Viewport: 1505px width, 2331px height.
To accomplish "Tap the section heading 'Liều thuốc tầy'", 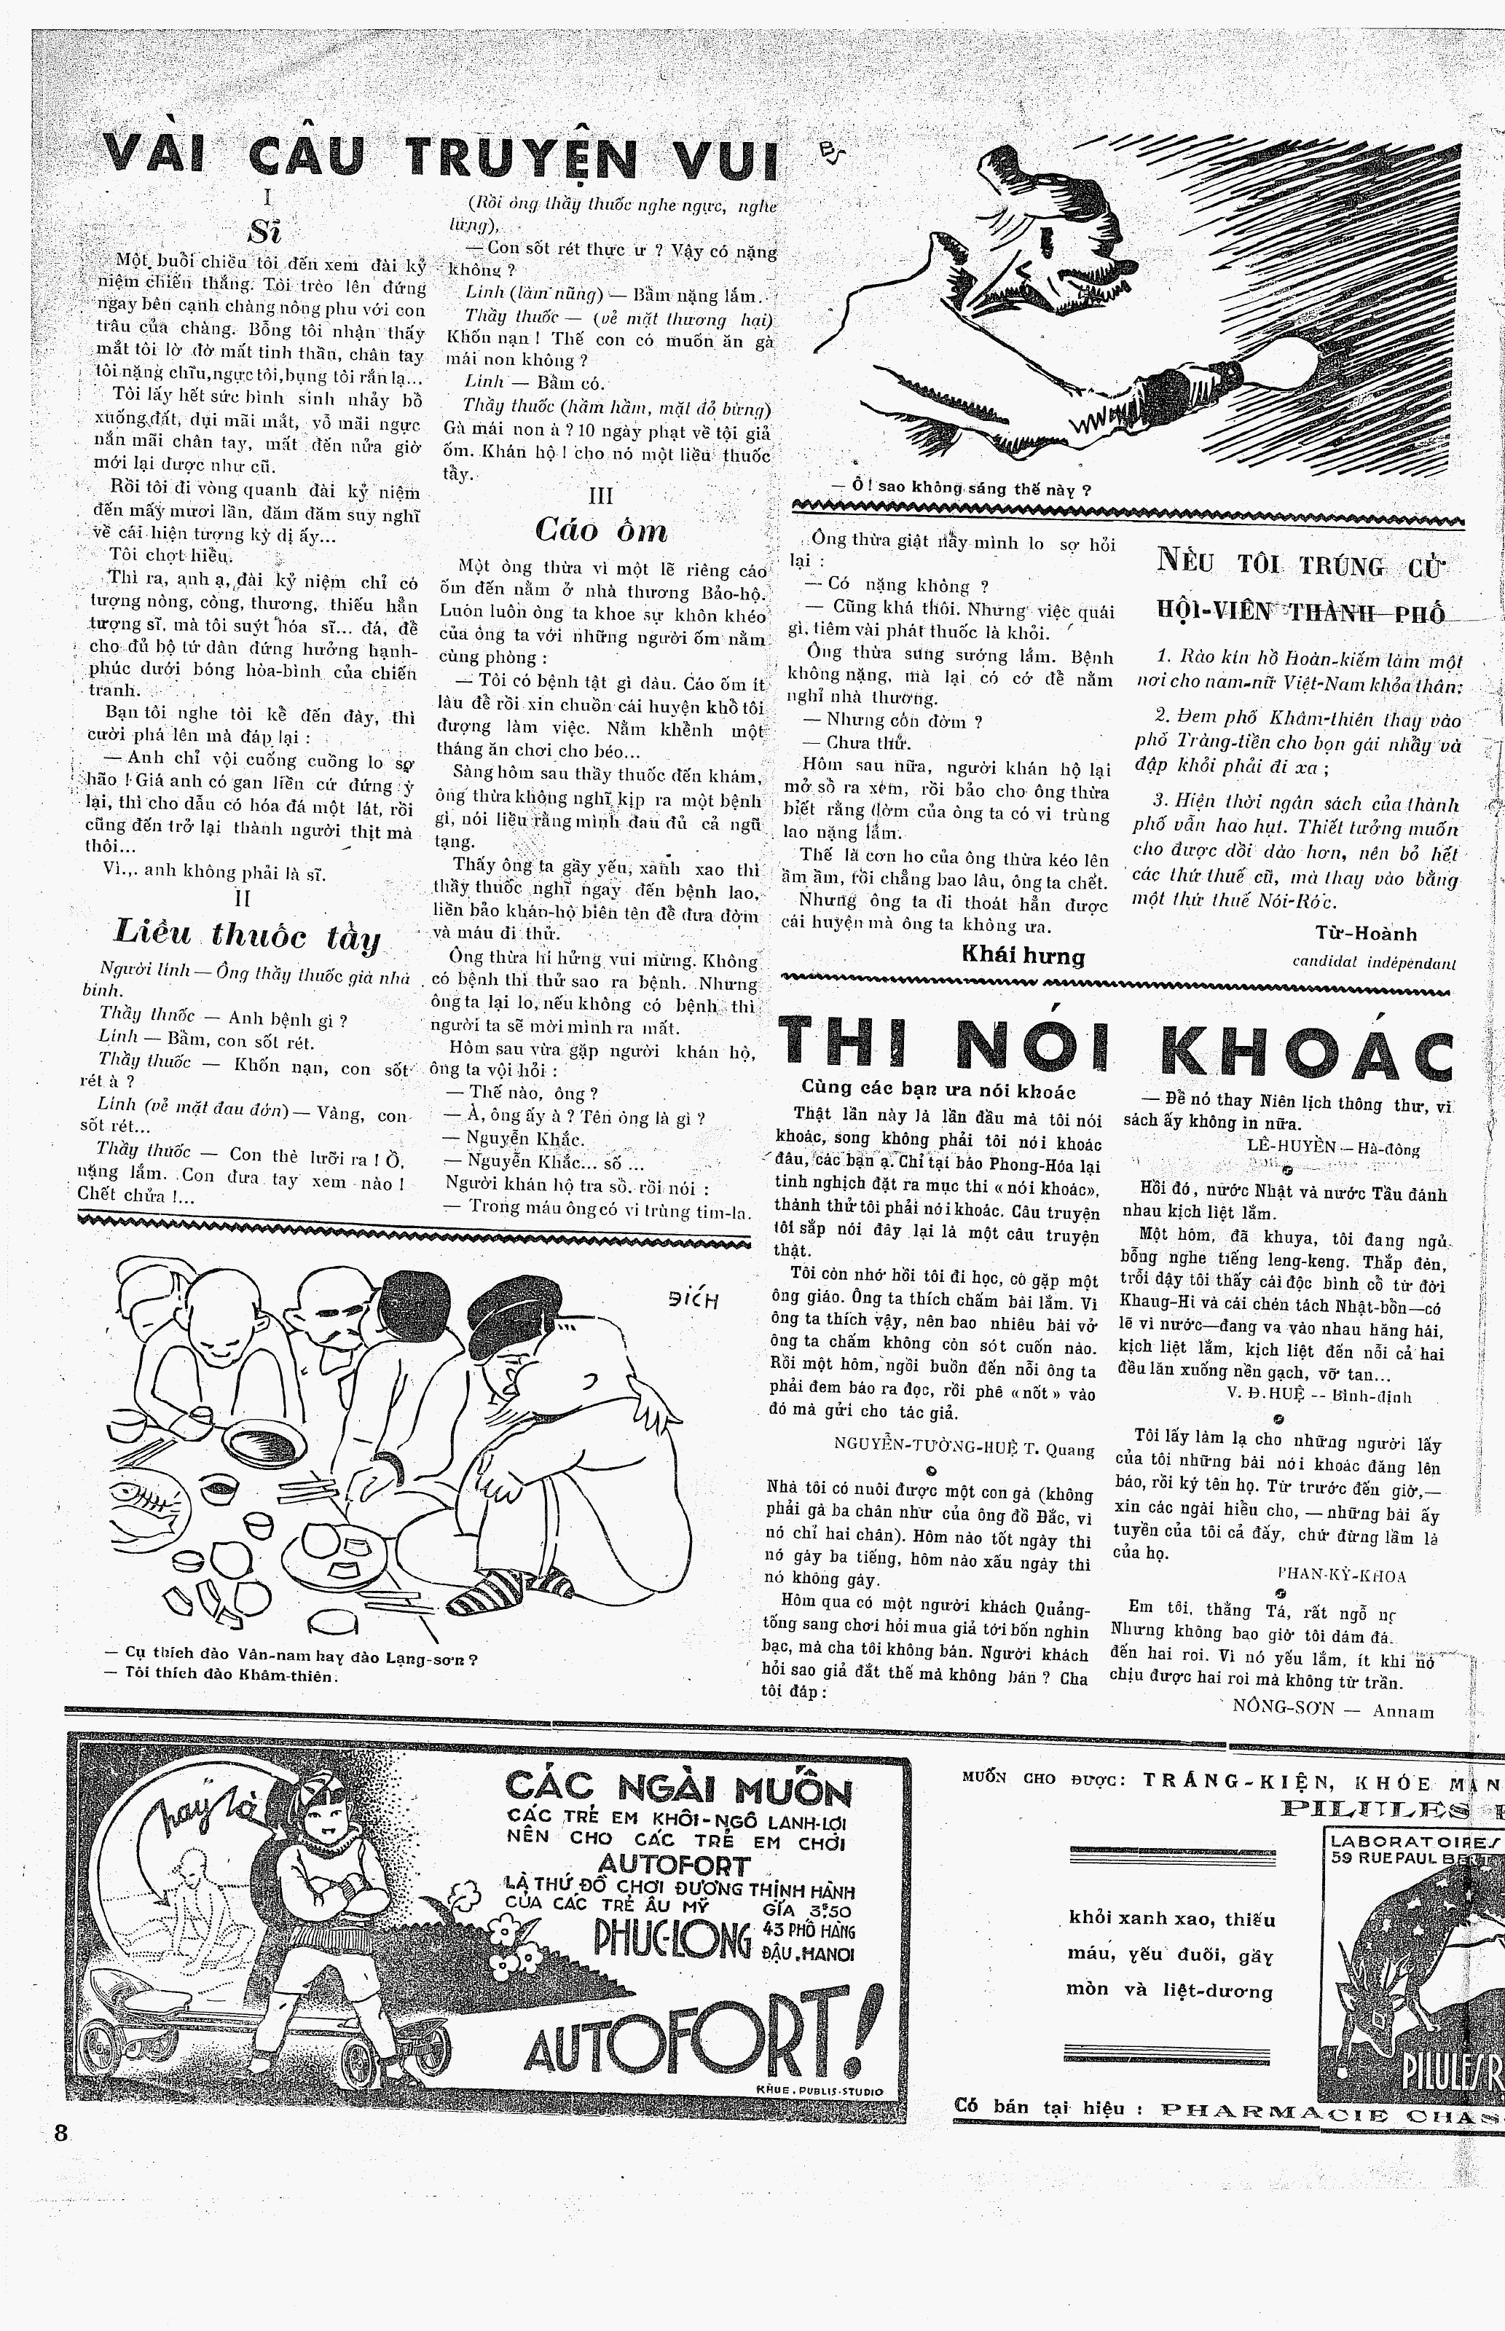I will click(x=246, y=934).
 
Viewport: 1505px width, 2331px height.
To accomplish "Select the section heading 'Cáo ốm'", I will click(x=601, y=530).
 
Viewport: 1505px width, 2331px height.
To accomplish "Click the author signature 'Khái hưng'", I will click(x=1023, y=956).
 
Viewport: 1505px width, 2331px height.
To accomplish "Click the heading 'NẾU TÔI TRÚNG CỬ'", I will click(x=1300, y=564).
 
